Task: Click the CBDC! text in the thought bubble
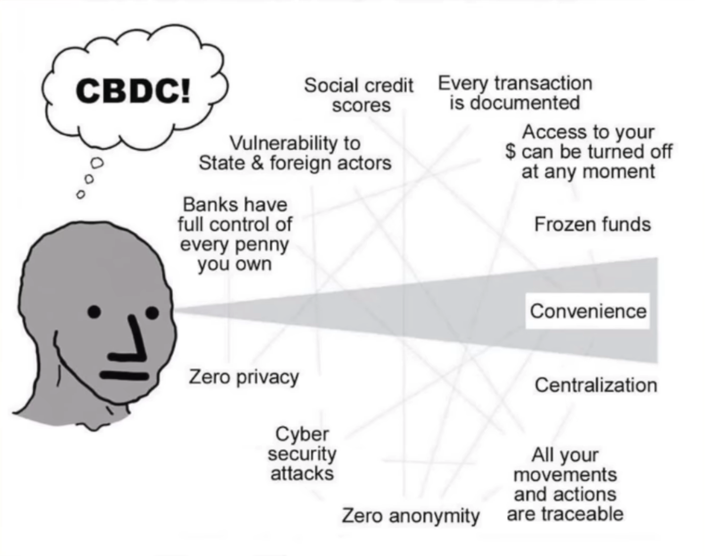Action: [133, 91]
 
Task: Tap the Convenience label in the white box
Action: [588, 311]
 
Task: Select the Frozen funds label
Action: [592, 224]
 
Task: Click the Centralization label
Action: [596, 385]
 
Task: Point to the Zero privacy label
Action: [244, 377]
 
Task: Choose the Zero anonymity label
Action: [410, 516]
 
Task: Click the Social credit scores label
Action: [359, 95]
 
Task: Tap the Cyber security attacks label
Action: [302, 453]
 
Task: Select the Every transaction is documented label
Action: [515, 93]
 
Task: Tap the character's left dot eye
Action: [94, 312]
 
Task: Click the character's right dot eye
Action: [152, 313]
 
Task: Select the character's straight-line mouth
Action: [125, 375]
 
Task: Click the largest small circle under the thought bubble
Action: [97, 162]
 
